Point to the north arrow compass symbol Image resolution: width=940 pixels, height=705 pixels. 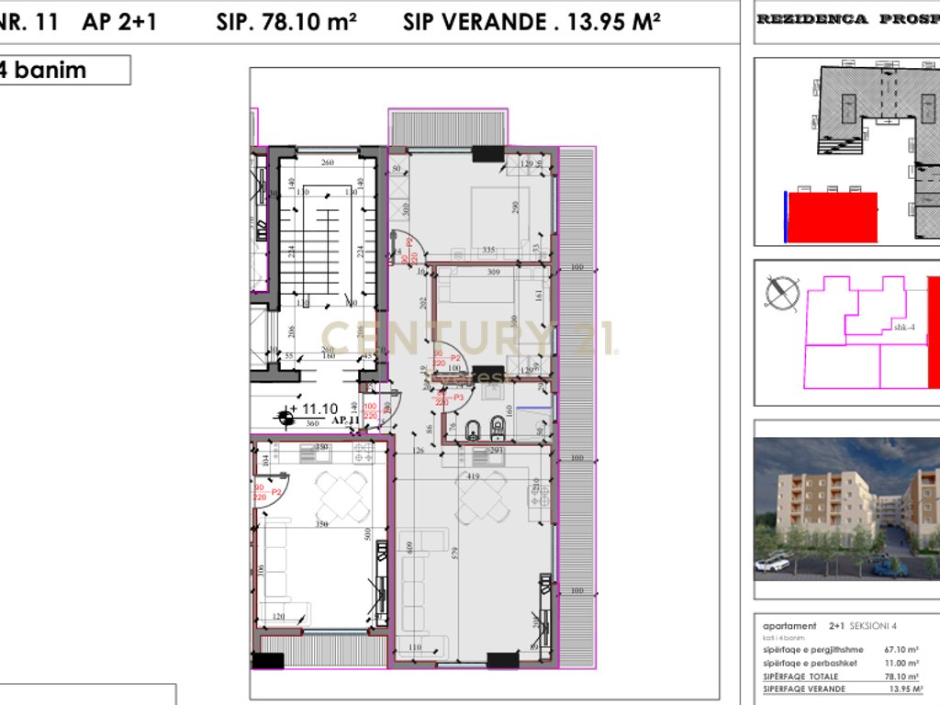coord(782,293)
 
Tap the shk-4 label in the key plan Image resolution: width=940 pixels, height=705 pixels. coord(905,327)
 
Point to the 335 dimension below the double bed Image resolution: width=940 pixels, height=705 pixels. coord(488,249)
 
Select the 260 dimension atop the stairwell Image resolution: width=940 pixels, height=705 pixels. coord(327,163)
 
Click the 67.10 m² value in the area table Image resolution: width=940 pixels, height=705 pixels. coord(902,649)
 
